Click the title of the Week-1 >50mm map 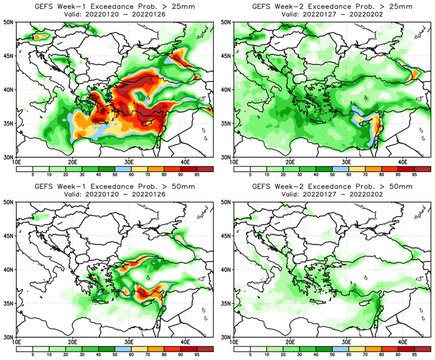point(115,187)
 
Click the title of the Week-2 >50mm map point(333,187)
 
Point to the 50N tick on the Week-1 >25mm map point(10,22)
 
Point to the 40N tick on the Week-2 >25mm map point(228,90)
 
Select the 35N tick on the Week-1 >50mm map point(10,303)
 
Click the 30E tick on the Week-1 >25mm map point(128,162)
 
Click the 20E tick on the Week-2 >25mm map point(290,162)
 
